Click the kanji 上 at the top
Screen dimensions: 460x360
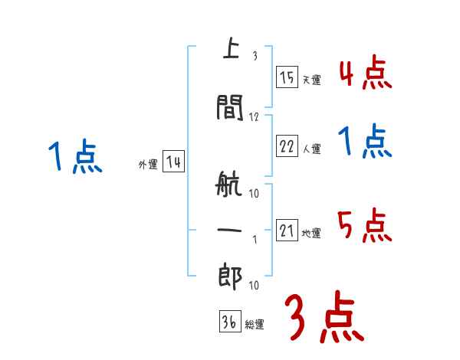[228, 50]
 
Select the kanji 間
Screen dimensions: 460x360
[228, 108]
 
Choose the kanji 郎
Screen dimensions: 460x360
[228, 276]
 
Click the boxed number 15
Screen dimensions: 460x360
[287, 77]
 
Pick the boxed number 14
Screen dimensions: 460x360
[173, 162]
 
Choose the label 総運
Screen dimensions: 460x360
[255, 325]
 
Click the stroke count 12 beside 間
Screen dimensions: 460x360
[255, 117]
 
